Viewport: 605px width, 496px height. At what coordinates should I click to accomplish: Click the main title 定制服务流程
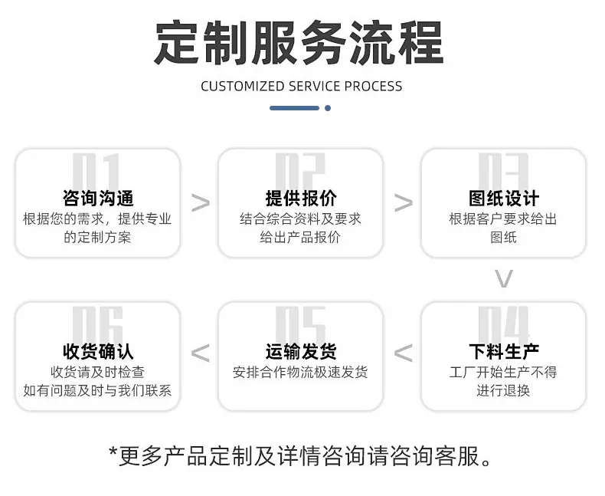click(299, 42)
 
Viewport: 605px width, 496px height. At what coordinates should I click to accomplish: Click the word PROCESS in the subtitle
click(374, 86)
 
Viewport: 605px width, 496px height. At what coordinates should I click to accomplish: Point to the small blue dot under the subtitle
click(328, 108)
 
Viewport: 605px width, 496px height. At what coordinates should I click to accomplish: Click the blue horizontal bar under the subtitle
click(294, 108)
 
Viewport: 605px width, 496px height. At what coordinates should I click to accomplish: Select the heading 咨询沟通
click(98, 198)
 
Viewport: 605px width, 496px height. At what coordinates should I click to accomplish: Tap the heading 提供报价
click(301, 198)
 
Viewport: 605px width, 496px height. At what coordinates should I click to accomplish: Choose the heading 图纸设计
click(503, 198)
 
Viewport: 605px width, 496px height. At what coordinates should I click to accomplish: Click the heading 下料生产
click(503, 352)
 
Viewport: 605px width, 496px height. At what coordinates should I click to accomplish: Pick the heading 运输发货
click(301, 352)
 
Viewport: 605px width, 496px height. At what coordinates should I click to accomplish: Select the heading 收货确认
click(98, 352)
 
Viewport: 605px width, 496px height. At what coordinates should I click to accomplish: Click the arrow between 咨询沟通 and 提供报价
click(200, 203)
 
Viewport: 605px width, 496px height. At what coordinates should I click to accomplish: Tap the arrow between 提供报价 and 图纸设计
click(403, 203)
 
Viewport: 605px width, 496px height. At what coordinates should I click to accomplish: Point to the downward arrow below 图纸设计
click(503, 278)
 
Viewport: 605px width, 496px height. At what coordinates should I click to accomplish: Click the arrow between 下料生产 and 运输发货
click(403, 353)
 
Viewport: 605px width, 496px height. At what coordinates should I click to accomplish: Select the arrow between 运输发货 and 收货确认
click(200, 353)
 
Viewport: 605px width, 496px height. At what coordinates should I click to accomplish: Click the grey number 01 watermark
click(96, 171)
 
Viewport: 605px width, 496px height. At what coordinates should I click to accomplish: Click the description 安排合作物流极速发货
click(300, 373)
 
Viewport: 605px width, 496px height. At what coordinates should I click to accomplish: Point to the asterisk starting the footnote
click(113, 452)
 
